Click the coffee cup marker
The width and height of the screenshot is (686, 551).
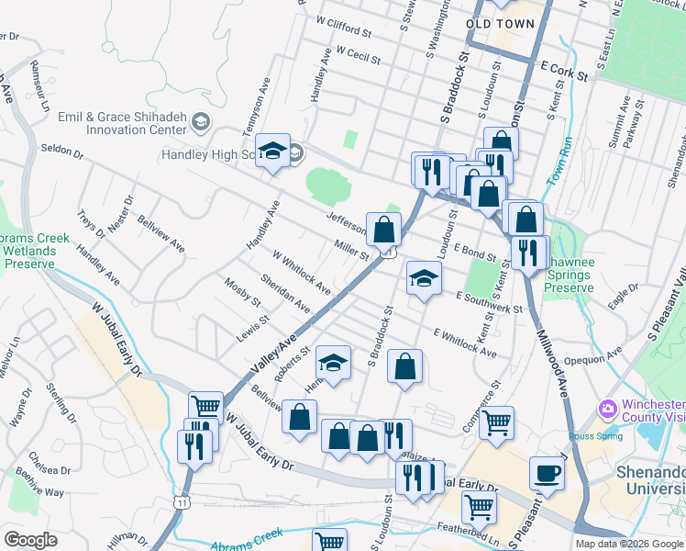[548, 474]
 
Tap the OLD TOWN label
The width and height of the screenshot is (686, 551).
[500, 24]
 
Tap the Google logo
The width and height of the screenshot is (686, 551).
[30, 540]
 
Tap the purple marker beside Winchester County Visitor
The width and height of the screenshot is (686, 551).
[606, 408]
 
